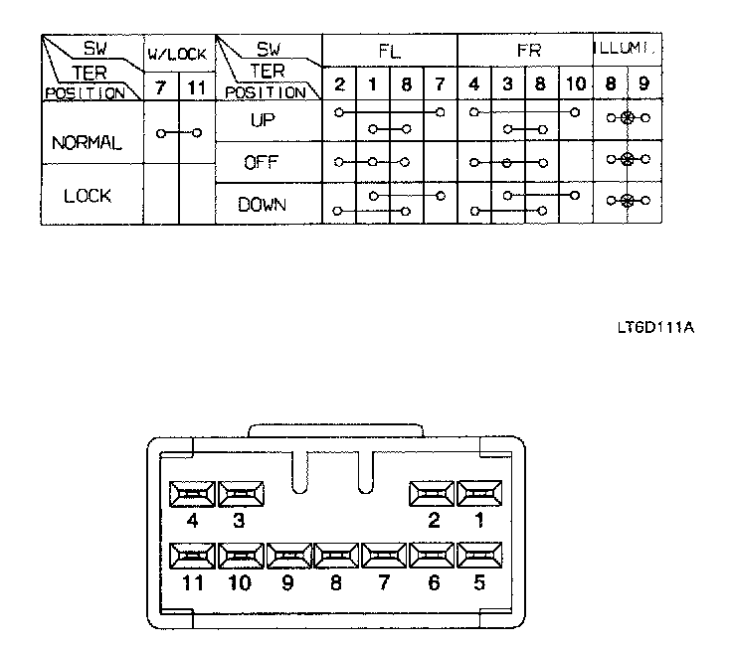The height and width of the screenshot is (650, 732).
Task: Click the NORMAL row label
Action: [x=87, y=143]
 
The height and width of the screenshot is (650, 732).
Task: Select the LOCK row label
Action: [x=87, y=196]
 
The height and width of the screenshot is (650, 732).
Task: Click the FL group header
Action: [x=388, y=49]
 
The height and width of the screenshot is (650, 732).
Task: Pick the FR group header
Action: [x=525, y=49]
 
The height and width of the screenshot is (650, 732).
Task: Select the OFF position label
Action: [x=264, y=163]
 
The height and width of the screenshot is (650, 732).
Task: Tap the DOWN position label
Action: [x=263, y=205]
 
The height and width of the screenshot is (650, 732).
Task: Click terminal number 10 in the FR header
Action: [x=575, y=85]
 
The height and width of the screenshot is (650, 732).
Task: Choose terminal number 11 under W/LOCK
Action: [x=196, y=88]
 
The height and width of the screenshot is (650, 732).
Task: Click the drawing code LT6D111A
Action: [x=653, y=326]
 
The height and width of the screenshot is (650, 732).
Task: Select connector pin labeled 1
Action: [x=479, y=494]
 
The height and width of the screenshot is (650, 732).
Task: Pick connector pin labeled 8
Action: [x=335, y=556]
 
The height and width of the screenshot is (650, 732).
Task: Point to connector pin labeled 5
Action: [x=479, y=556]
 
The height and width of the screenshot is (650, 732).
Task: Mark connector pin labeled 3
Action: [x=239, y=494]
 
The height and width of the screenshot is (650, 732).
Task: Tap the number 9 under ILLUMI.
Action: [x=644, y=85]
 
